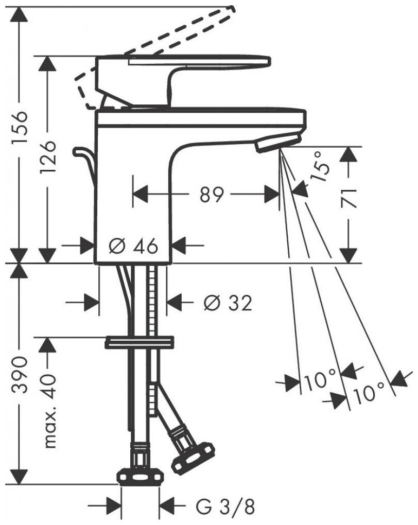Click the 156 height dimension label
(20, 133)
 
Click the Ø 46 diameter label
(133, 247)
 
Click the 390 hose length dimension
(20, 374)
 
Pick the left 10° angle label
(320, 382)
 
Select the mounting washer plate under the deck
(138, 342)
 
